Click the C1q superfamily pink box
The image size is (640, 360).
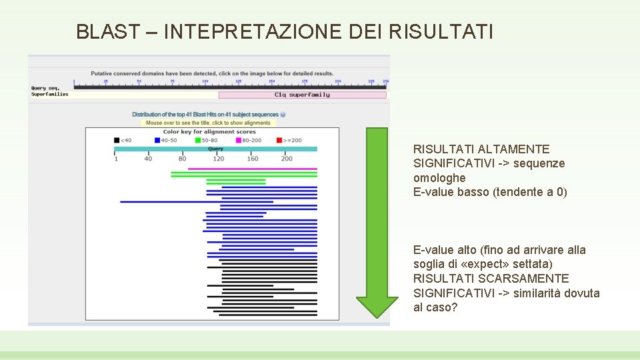pos(302,95)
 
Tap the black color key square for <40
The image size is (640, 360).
pos(117,140)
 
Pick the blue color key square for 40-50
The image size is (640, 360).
pos(157,140)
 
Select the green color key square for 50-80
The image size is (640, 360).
pos(197,140)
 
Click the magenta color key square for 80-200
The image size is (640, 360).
pos(238,140)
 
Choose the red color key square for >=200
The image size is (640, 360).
pos(279,140)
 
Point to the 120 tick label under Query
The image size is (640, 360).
pos(218,159)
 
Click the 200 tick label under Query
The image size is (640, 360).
pos(287,159)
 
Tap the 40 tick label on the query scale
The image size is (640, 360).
pos(148,159)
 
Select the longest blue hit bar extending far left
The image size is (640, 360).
pos(197,201)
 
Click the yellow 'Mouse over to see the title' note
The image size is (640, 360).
pos(208,123)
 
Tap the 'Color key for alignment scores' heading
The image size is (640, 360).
pos(209,132)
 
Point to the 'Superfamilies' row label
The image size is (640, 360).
pos(49,94)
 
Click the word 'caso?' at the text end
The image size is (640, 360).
pos(443,307)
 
